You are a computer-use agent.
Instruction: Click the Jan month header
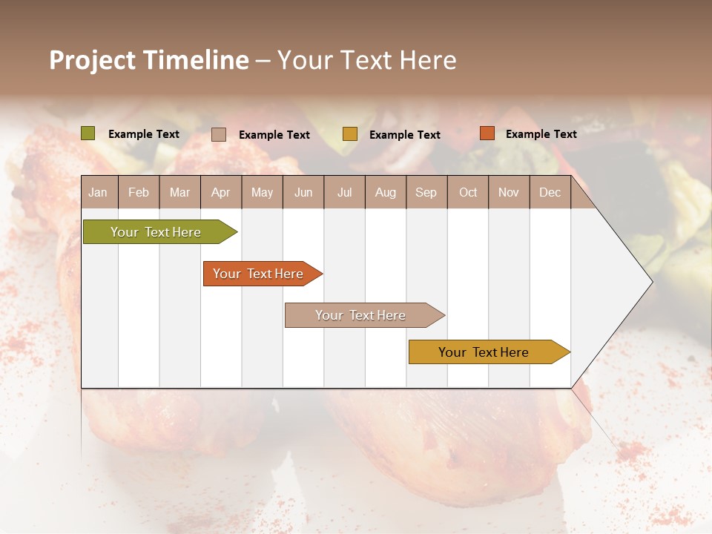pyautogui.click(x=99, y=193)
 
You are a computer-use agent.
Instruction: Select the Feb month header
pyautogui.click(x=139, y=193)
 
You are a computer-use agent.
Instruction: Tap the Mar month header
pyautogui.click(x=179, y=193)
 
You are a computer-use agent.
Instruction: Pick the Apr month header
pyautogui.click(x=221, y=193)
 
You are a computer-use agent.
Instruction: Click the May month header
pyautogui.click(x=262, y=193)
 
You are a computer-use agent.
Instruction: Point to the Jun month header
pyautogui.click(x=303, y=193)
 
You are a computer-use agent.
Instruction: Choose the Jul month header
pyautogui.click(x=344, y=193)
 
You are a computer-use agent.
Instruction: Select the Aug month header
pyautogui.click(x=386, y=193)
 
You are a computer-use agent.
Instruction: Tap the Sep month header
pyautogui.click(x=426, y=193)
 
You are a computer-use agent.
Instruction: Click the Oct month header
pyautogui.click(x=468, y=193)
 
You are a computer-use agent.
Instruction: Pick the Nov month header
pyautogui.click(x=509, y=193)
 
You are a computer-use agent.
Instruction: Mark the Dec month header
pyautogui.click(x=550, y=193)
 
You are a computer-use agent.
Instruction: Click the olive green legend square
pyautogui.click(x=88, y=133)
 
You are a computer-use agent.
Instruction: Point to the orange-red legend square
pyautogui.click(x=487, y=133)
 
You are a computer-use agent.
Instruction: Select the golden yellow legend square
pyautogui.click(x=350, y=134)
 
